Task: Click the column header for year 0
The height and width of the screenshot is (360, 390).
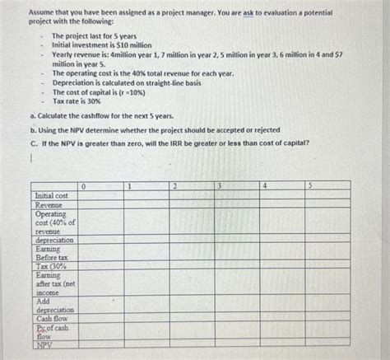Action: [x=84, y=186]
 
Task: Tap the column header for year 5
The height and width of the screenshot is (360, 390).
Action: [x=309, y=186]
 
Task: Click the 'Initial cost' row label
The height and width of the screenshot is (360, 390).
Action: [x=51, y=195]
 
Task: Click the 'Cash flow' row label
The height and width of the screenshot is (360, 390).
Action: [x=52, y=318]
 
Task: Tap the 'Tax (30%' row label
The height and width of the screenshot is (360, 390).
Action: [x=50, y=266]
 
